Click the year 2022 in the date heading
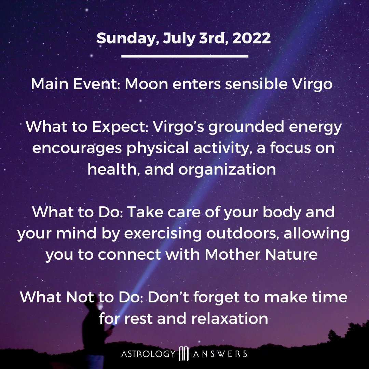click(x=251, y=38)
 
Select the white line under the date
click(x=185, y=56)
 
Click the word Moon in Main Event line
click(x=146, y=84)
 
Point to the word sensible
click(x=256, y=84)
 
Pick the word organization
click(x=227, y=170)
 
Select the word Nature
click(x=291, y=255)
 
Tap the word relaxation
click(x=230, y=319)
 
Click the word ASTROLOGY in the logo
click(x=149, y=354)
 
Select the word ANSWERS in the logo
click(x=220, y=354)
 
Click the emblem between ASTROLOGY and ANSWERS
click(x=184, y=354)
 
